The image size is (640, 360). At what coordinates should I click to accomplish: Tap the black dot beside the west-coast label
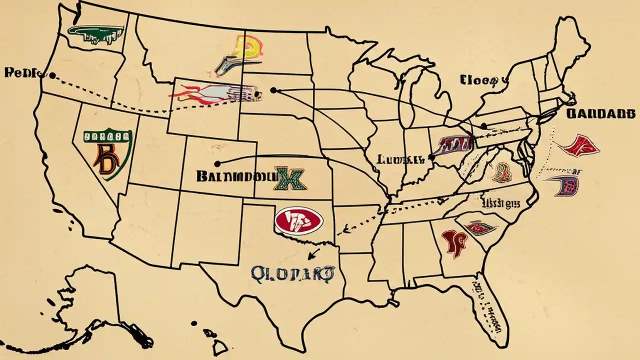52,75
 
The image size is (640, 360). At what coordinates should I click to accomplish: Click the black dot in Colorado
217,163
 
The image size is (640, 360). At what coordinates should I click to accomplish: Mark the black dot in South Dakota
273,90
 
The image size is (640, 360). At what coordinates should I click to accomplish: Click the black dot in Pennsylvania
484,126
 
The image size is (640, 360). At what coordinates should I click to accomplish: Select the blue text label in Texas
292,272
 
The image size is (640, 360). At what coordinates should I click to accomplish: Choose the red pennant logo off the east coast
579,145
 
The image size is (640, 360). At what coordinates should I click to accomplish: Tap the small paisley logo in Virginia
502,172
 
